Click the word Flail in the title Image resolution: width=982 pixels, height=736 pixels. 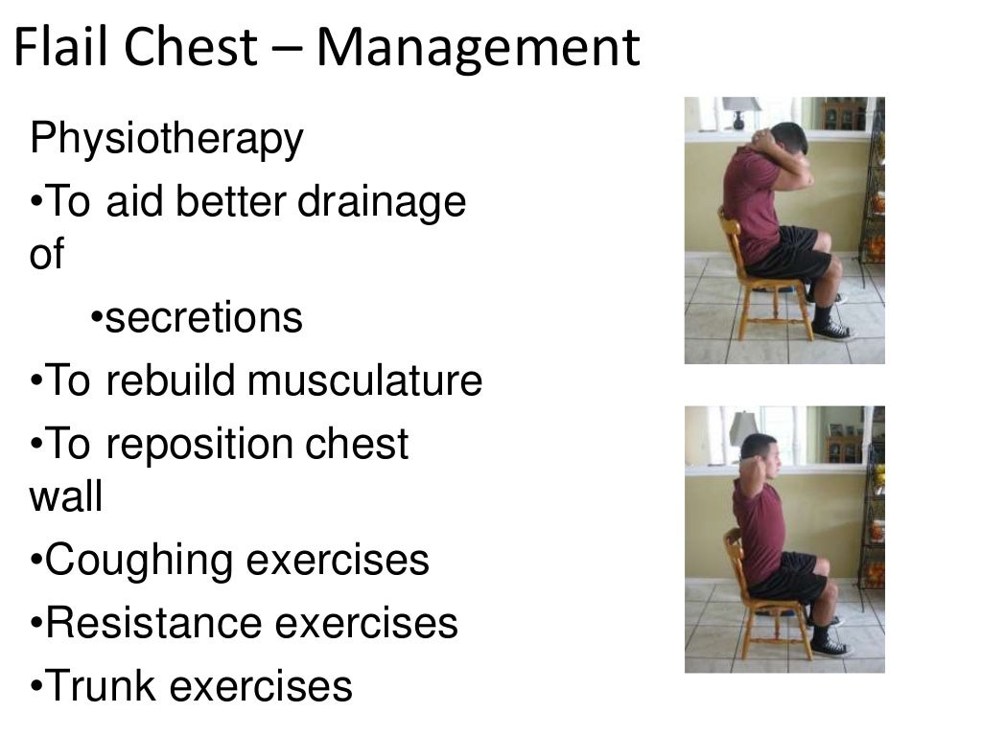[x=65, y=48]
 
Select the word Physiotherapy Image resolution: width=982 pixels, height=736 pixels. [x=167, y=141]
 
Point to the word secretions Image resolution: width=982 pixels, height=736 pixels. [x=203, y=317]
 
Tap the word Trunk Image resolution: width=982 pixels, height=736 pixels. [x=101, y=686]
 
